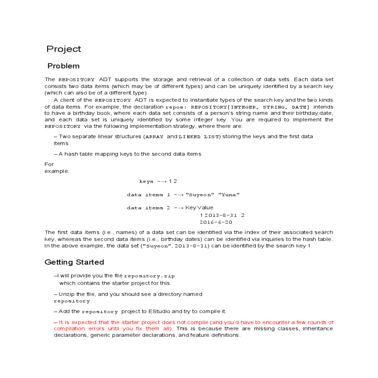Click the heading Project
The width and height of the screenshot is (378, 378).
click(64, 49)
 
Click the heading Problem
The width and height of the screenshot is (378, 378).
click(63, 66)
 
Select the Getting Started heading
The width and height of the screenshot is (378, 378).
click(74, 262)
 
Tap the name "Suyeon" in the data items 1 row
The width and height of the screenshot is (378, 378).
click(200, 195)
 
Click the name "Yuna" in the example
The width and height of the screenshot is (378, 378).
click(229, 195)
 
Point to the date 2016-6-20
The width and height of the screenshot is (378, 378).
click(216, 222)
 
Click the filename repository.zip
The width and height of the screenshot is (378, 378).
click(149, 276)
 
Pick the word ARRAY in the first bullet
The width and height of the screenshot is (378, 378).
click(154, 137)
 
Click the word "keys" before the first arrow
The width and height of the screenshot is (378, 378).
click(146, 181)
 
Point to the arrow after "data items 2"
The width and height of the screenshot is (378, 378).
click(179, 208)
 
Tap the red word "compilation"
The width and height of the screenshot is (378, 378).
click(69, 329)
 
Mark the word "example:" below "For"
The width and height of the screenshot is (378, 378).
click(57, 171)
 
